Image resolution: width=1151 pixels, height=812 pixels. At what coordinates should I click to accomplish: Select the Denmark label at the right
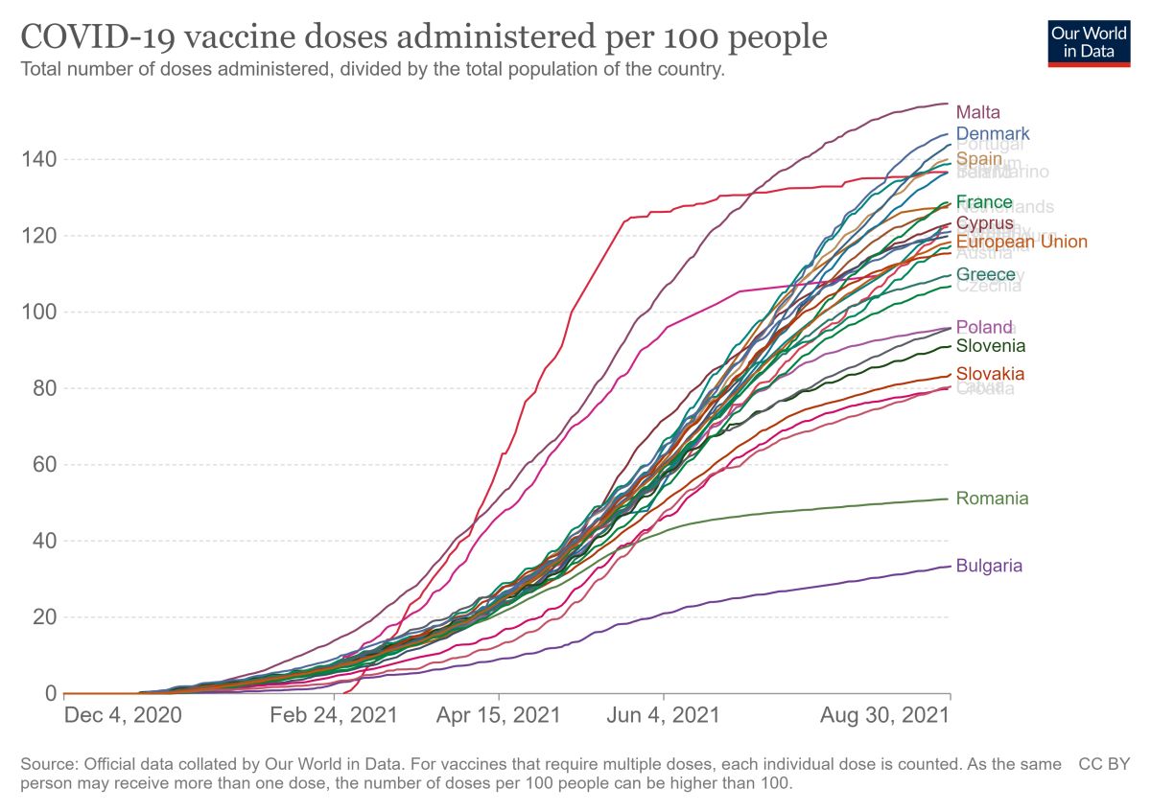(993, 133)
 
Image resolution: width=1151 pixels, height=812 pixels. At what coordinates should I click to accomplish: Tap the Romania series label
(992, 499)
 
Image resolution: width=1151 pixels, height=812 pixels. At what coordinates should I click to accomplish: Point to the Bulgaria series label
(989, 566)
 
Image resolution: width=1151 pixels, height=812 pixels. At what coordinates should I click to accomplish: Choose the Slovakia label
(990, 374)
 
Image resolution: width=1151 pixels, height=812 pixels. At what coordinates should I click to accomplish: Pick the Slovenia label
(991, 346)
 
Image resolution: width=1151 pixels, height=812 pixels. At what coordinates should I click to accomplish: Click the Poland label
(984, 328)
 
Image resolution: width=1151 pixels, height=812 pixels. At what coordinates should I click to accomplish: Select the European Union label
(1022, 242)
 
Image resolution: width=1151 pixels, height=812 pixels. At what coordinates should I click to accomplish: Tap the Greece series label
(985, 275)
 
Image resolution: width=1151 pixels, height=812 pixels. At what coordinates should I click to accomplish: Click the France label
(984, 202)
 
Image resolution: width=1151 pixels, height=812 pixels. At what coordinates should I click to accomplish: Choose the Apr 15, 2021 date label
(499, 716)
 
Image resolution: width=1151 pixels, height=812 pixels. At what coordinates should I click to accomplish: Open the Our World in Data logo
(1089, 41)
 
